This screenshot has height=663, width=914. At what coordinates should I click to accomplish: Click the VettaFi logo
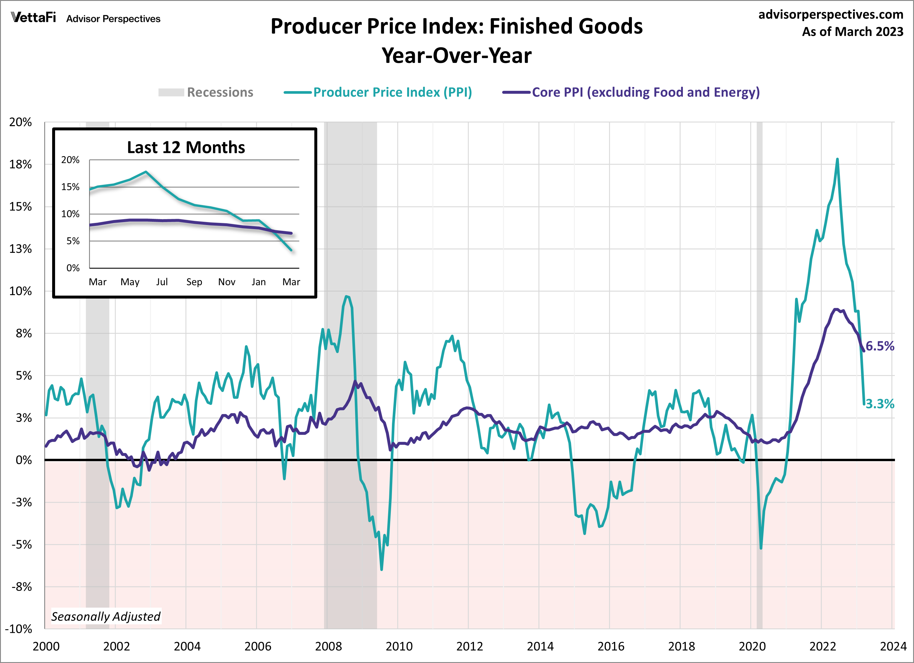click(33, 18)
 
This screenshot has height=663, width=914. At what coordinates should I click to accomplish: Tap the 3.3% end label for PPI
click(880, 404)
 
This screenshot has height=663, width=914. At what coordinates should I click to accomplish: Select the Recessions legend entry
click(206, 92)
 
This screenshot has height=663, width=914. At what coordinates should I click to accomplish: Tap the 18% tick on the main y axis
click(21, 164)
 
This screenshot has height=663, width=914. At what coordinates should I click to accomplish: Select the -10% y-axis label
click(18, 629)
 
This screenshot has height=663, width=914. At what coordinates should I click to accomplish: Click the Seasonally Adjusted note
click(105, 616)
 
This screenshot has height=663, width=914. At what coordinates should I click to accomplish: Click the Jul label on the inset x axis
click(162, 282)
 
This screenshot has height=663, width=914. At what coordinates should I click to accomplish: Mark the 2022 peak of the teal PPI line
click(837, 160)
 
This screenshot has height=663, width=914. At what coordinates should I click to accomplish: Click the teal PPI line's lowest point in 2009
click(381, 569)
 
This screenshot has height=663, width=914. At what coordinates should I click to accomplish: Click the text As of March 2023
click(852, 31)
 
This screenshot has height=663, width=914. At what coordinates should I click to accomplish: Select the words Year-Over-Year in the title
click(457, 56)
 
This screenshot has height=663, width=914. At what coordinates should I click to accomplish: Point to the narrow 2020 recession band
click(759, 363)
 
